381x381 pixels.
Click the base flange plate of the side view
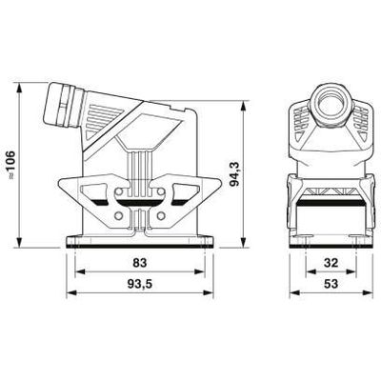[x=140, y=240]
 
